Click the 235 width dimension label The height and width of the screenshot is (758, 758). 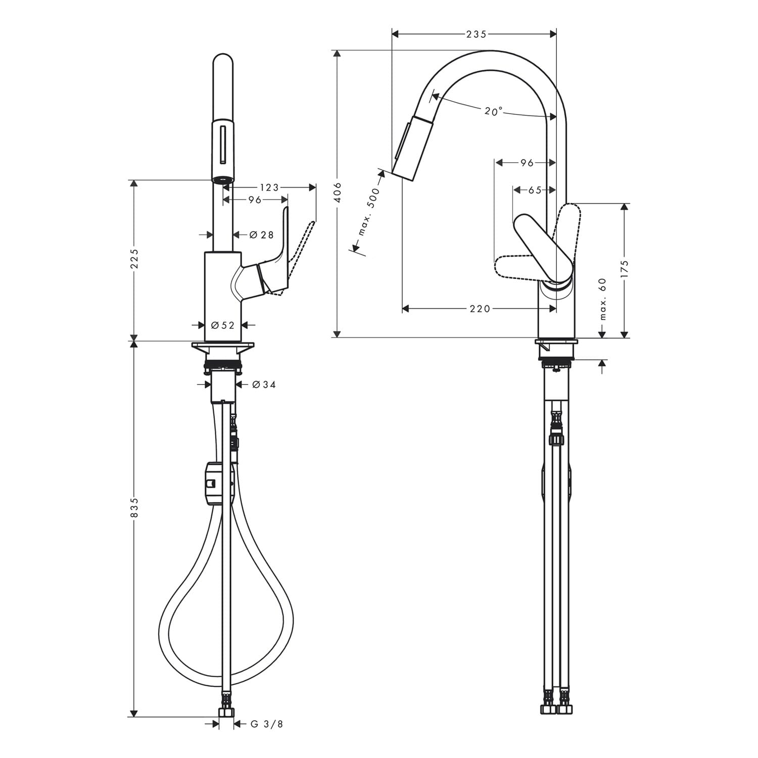point(476,34)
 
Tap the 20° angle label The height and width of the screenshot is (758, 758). point(494,111)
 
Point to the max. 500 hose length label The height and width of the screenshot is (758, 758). point(368,215)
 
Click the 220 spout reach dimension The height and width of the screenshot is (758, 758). point(480,308)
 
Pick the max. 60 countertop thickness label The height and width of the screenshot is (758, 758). point(602,299)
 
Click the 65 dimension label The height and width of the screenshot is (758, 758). point(535,190)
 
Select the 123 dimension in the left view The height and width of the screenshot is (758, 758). point(269,187)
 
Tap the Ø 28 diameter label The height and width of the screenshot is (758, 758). point(261,234)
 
